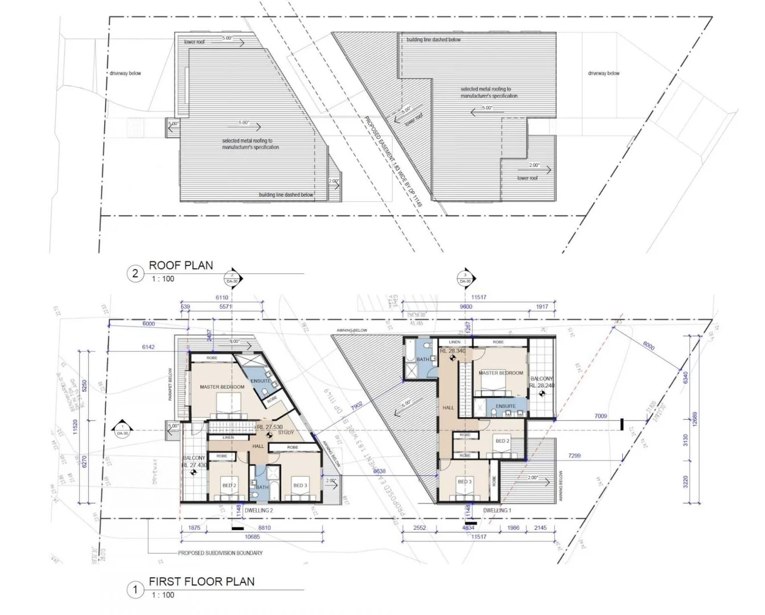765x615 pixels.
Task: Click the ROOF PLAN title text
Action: coord(180,265)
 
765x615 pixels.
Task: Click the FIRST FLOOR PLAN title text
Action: coord(201,581)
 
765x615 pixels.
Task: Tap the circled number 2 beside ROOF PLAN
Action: coord(135,274)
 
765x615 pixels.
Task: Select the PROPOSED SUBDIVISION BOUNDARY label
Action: coord(220,553)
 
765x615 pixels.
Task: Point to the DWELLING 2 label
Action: coord(258,511)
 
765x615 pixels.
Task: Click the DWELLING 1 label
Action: coord(497,511)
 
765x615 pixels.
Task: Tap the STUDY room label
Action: coord(286,433)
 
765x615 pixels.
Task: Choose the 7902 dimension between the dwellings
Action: coord(356,405)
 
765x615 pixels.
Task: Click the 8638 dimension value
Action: coord(379,471)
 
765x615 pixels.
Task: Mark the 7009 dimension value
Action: coord(601,416)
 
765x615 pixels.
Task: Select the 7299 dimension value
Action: coord(574,456)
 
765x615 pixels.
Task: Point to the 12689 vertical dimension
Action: coord(694,420)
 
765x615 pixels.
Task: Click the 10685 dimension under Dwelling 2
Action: coord(252,537)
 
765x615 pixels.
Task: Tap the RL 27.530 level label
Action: coord(269,427)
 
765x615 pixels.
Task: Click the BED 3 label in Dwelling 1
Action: coord(464,482)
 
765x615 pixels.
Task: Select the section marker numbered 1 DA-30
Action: coord(122,429)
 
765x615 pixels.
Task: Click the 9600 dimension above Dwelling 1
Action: coord(466,307)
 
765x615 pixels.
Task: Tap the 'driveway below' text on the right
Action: coord(603,73)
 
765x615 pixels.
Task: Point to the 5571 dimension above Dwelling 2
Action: coord(225,307)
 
